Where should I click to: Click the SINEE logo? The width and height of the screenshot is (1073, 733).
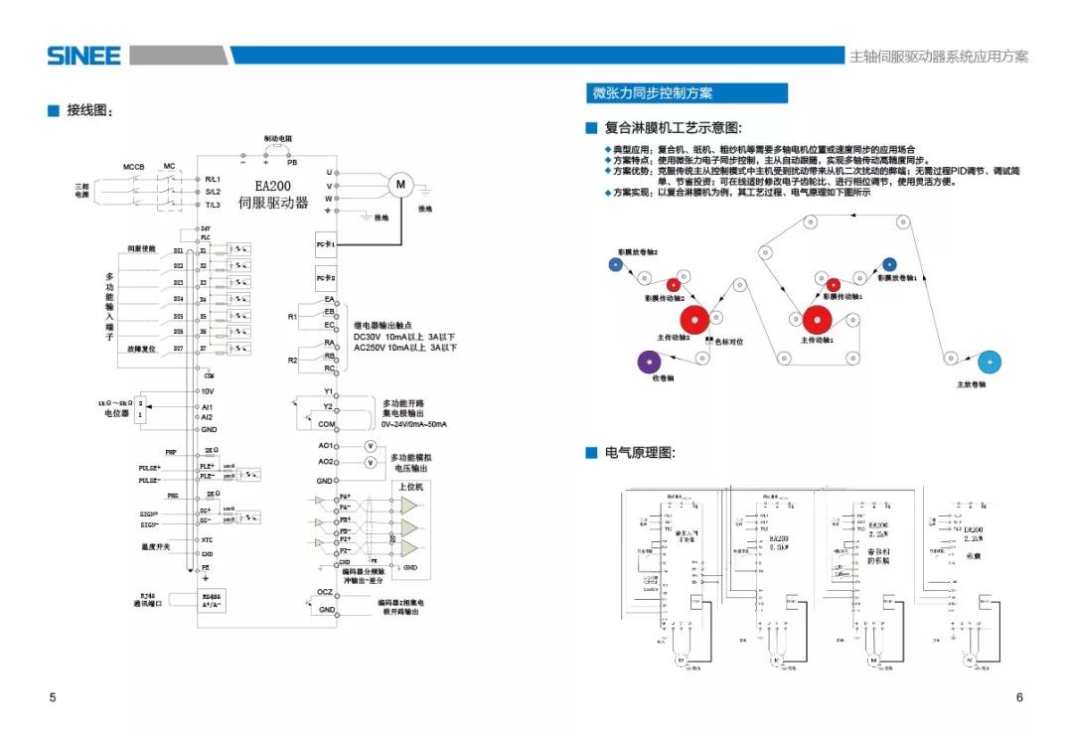83,56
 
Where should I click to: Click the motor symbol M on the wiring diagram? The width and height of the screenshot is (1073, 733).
401,184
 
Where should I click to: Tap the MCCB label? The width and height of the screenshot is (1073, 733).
134,165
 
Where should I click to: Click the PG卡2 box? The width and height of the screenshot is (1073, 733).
326,276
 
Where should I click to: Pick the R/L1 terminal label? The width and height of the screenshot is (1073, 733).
213,179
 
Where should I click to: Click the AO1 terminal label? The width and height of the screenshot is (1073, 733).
325,446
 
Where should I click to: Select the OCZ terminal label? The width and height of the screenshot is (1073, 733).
325,592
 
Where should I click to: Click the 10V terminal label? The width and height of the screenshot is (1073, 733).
209,391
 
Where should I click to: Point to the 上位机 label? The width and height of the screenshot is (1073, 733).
410,487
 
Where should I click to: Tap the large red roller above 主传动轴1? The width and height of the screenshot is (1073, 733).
818,320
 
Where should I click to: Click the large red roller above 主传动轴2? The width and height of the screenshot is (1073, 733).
694,320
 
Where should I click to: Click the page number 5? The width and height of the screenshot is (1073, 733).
53,697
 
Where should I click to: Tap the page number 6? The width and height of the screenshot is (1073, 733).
1019,697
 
